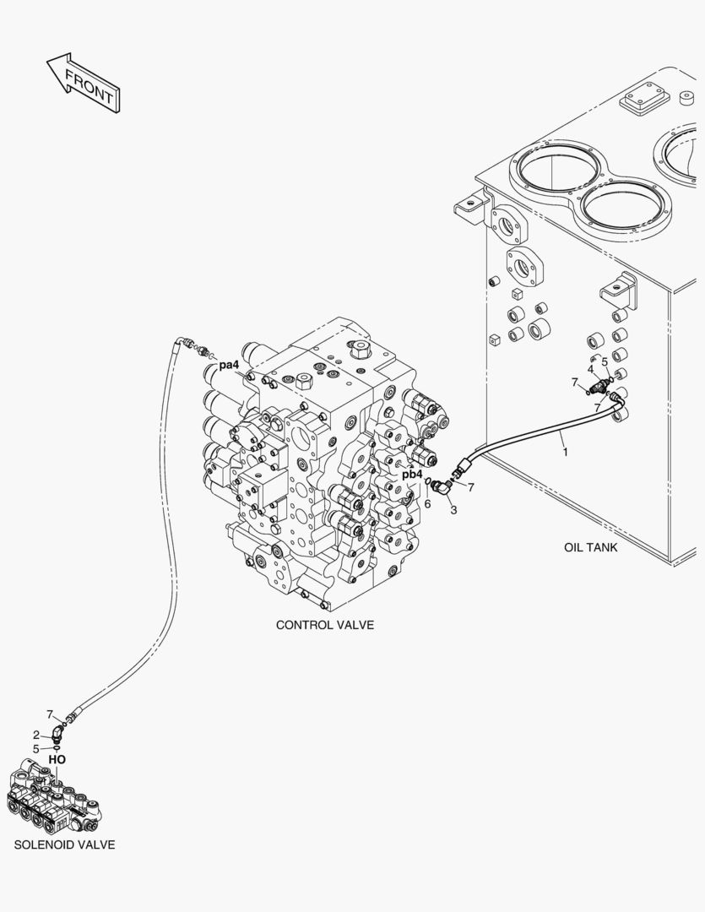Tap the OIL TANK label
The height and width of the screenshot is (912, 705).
tap(590, 547)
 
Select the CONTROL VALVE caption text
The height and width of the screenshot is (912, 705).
tap(324, 625)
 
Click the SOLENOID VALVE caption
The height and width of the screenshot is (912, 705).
tap(64, 844)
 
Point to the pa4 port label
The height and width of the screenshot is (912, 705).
tap(229, 365)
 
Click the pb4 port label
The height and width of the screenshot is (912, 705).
tap(411, 474)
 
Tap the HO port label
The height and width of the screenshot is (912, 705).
tap(57, 759)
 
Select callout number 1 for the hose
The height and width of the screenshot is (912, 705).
tap(566, 452)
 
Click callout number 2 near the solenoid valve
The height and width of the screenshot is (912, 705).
tap(36, 734)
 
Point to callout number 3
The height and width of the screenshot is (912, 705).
tap(453, 510)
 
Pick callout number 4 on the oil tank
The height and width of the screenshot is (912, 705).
tap(591, 368)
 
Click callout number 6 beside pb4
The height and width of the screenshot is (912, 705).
tap(427, 503)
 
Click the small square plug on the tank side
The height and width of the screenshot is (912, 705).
tap(494, 339)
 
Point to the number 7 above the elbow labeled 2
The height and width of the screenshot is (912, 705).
tap(50, 714)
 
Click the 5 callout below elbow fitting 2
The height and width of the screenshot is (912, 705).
tap(36, 748)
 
